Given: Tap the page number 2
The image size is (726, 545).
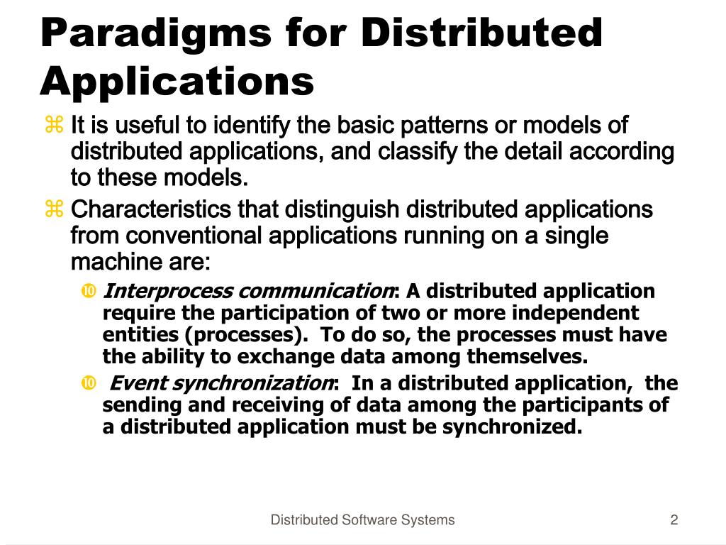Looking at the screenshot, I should click(x=674, y=520).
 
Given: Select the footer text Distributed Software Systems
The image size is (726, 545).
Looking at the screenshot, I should click(x=362, y=520).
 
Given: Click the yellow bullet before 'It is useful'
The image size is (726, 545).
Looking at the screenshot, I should click(x=55, y=126).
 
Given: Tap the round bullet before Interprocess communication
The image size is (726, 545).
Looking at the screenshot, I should click(x=89, y=291).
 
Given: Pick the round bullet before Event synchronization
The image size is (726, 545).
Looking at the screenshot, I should click(x=89, y=384).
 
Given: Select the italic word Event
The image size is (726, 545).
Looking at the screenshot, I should click(x=140, y=384).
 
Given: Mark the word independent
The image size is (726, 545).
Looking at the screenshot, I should click(x=574, y=313).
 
